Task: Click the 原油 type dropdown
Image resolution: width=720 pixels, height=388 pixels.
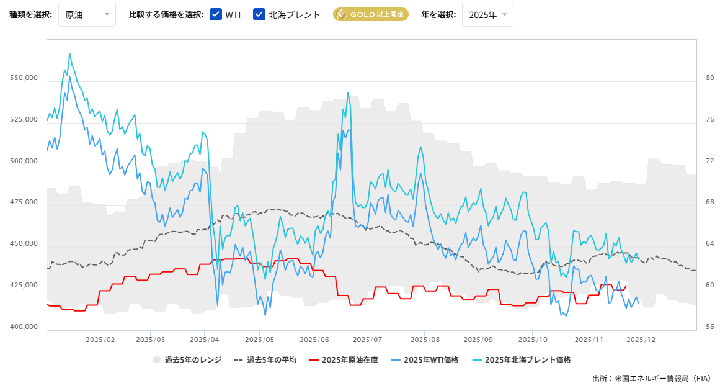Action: tap(87, 14)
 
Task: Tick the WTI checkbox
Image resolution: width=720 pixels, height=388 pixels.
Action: tap(216, 14)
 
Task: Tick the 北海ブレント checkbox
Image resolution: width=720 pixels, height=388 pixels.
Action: tap(259, 14)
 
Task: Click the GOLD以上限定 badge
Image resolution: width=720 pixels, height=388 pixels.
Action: tap(370, 14)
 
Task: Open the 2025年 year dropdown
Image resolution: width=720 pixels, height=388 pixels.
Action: tap(487, 14)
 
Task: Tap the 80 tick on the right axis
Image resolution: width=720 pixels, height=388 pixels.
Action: tap(709, 78)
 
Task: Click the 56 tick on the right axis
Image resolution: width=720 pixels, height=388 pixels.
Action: tap(709, 327)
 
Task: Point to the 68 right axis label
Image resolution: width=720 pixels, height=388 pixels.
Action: tap(709, 202)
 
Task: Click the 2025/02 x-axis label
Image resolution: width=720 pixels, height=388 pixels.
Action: tap(100, 340)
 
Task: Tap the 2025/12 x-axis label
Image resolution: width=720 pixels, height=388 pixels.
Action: tap(641, 340)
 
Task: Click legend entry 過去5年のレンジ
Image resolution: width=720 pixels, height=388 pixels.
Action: tap(187, 359)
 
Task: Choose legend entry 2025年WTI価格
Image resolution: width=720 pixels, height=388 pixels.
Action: tap(424, 359)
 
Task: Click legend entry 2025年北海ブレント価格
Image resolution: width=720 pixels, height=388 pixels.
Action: tap(521, 359)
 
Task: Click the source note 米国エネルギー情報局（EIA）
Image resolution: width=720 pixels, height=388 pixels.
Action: tap(662, 377)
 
